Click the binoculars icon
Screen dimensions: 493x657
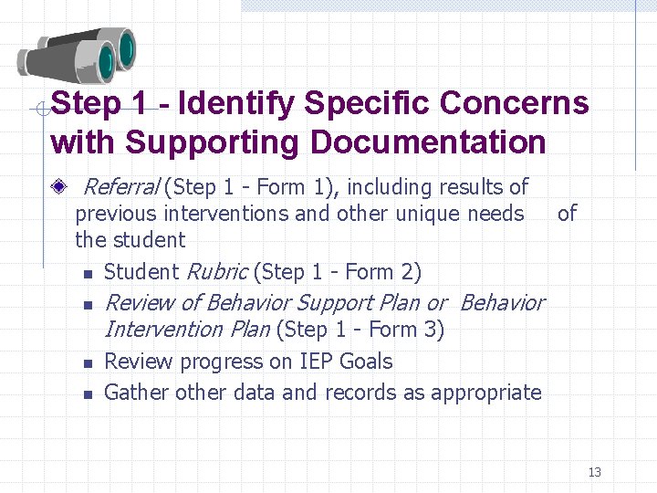pyautogui.click(x=77, y=57)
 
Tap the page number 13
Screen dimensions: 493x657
pyautogui.click(x=595, y=472)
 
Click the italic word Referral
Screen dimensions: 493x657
pyautogui.click(x=120, y=187)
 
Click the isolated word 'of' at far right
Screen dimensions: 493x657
pyautogui.click(x=567, y=214)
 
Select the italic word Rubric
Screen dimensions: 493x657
pyautogui.click(x=216, y=271)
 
